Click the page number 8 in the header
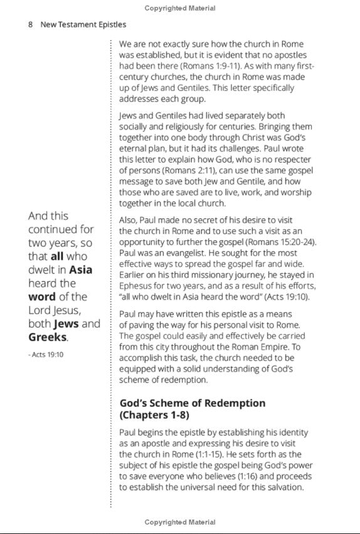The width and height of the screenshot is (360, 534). [30, 24]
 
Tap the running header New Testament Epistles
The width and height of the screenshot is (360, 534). [83, 24]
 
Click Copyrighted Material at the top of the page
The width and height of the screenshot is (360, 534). [180, 8]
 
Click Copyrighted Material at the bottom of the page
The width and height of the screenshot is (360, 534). [180, 522]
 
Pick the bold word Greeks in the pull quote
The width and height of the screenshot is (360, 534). [48, 337]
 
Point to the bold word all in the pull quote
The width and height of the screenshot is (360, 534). [60, 256]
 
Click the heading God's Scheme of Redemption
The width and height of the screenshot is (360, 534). [192, 403]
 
